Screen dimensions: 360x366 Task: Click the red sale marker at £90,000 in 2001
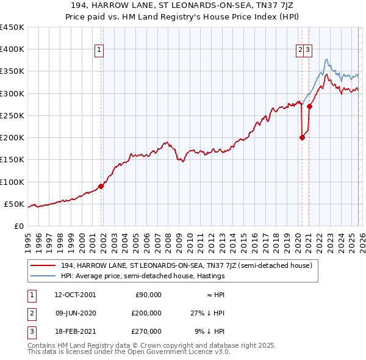[101, 186]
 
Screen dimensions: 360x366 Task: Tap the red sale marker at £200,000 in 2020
[302, 137]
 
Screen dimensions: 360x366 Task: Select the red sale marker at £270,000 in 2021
[310, 106]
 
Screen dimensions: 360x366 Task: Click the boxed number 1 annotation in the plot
[99, 51]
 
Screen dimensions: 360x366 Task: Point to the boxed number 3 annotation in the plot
[309, 51]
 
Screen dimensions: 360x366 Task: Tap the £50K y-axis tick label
[15, 204]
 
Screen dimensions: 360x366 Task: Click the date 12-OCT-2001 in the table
[74, 295]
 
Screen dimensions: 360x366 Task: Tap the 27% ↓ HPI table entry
[207, 313]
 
